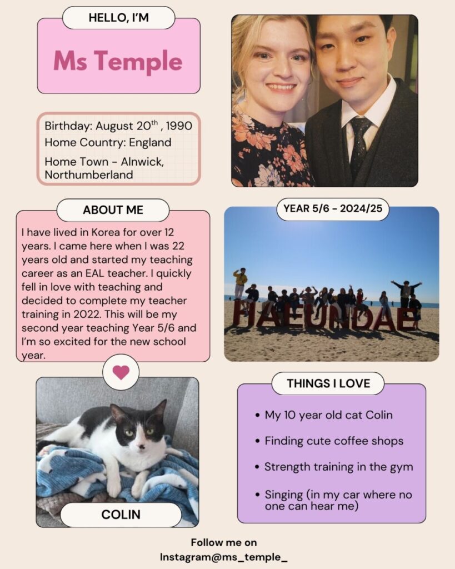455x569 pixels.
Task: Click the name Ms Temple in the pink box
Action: pyautogui.click(x=118, y=61)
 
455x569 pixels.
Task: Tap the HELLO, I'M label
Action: pyautogui.click(x=118, y=18)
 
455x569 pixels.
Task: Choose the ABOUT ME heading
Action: pyautogui.click(x=113, y=210)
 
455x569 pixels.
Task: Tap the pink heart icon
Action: pyautogui.click(x=121, y=372)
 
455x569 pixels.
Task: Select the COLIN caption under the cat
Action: pyautogui.click(x=121, y=515)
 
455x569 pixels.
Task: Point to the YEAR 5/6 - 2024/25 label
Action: pyautogui.click(x=332, y=209)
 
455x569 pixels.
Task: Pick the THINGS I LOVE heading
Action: pyautogui.click(x=328, y=383)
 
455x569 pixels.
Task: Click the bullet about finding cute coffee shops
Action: pyautogui.click(x=333, y=441)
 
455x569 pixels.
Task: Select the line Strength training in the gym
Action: pyautogui.click(x=338, y=467)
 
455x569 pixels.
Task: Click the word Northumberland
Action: pyautogui.click(x=89, y=174)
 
